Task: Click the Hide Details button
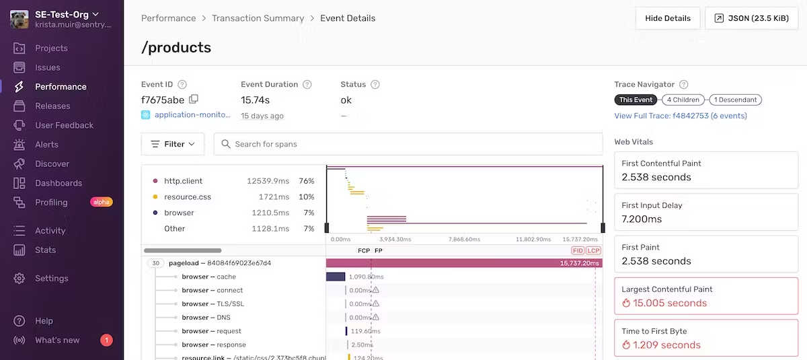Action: [668, 19]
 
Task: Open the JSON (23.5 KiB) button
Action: [751, 19]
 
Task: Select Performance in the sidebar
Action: [61, 87]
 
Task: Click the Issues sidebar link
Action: [48, 67]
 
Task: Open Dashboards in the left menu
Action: [59, 183]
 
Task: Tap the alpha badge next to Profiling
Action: [102, 202]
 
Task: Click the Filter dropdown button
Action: [173, 144]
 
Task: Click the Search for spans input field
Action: [408, 144]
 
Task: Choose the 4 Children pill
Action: [683, 100]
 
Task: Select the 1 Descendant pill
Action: [735, 100]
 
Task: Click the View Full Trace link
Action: [680, 116]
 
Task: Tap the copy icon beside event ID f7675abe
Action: [194, 100]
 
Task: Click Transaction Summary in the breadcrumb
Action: [258, 18]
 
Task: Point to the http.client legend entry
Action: [183, 181]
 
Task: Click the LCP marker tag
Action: [593, 250]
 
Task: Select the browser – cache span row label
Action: [208, 277]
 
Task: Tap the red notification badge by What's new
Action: [106, 340]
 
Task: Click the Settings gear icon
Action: [20, 279]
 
